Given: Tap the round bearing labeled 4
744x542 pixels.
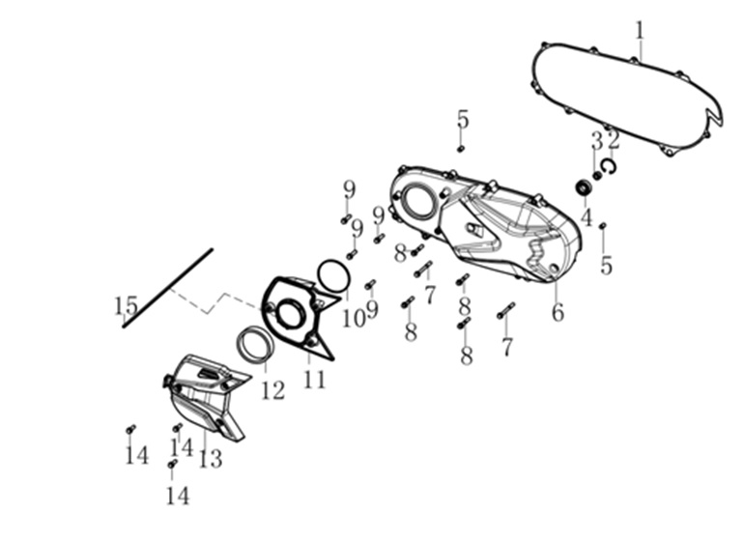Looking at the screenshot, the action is [584, 187].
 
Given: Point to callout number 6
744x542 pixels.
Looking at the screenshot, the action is [558, 312].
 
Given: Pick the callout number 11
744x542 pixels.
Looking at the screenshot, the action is [315, 380].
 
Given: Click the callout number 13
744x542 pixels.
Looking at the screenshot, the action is [211, 459].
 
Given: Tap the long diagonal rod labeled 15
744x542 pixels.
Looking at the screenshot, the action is [168, 288].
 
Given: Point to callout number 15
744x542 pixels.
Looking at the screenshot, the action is [126, 306].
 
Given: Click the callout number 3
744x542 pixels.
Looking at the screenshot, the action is [597, 141].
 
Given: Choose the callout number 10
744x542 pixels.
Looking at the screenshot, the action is [353, 319].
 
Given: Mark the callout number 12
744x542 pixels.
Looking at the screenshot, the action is [272, 390].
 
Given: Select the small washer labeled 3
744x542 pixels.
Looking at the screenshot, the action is [597, 176].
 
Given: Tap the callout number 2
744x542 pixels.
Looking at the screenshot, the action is [614, 140].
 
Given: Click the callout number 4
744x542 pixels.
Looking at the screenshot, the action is [587, 217].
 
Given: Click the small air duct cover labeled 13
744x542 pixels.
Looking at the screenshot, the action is [205, 395].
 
